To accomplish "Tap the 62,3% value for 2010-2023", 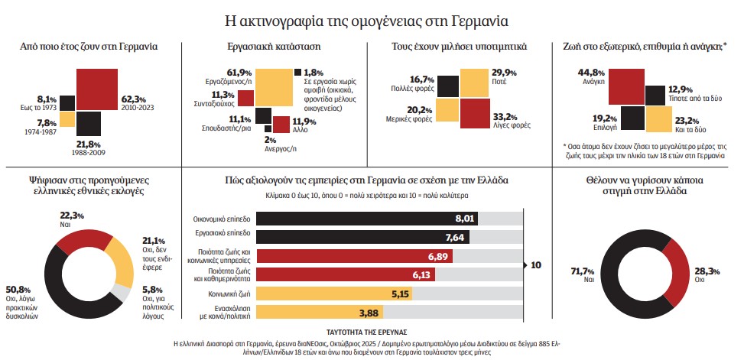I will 135,99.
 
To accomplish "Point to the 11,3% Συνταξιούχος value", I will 222,95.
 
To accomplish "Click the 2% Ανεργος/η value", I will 270,140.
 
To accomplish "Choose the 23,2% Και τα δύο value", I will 687,120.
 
